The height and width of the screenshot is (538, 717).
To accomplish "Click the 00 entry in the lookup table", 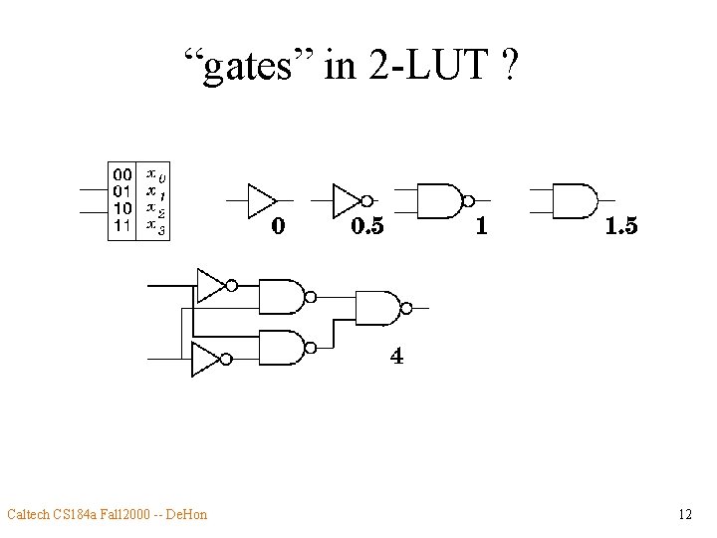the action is [121, 174].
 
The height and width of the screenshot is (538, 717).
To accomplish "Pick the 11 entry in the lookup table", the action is [121, 225].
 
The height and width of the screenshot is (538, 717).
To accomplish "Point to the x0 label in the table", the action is [155, 174].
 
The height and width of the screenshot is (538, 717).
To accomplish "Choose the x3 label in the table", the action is [155, 226].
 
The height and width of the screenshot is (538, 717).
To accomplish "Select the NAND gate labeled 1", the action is [438, 200].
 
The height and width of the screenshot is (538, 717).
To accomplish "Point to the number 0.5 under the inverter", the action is [367, 227].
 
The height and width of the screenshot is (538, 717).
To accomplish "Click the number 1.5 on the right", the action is [620, 227].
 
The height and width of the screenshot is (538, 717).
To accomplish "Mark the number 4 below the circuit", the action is [397, 356].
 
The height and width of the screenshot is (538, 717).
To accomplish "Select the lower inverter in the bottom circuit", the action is [208, 359].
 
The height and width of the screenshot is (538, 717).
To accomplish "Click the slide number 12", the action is [684, 515].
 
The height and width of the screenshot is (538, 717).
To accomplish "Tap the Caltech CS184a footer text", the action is [107, 515].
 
